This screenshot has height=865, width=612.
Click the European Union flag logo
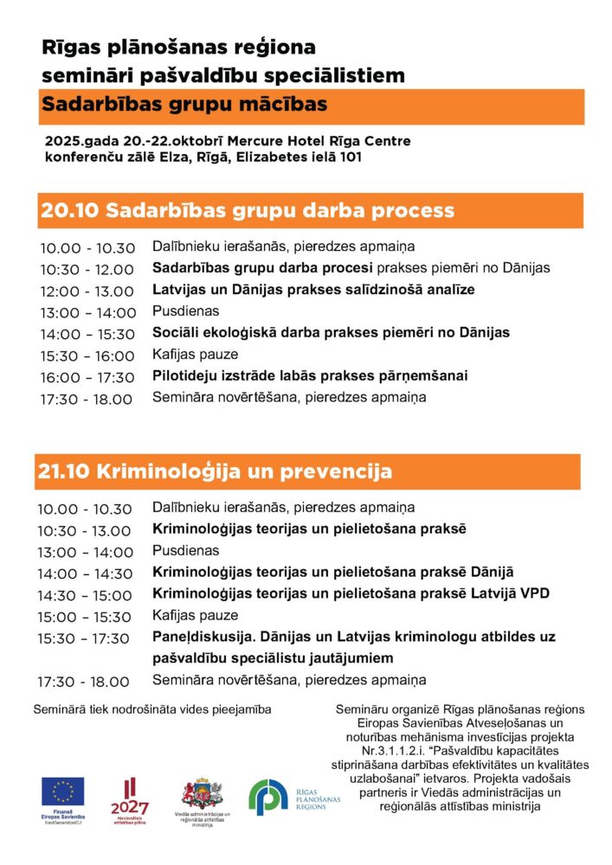pos(63,791)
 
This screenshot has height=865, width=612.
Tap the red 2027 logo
pos(130,798)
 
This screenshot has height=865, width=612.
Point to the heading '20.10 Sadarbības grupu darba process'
pos(246,210)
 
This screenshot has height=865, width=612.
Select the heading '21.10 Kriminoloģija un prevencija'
pos(215,471)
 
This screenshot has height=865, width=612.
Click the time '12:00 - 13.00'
pos(87,292)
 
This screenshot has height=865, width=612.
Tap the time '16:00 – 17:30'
pos(87,378)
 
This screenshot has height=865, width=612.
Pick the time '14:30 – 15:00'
pos(87,595)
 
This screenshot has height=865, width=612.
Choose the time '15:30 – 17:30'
pos(87,638)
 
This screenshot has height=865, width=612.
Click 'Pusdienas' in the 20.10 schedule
pos(186,311)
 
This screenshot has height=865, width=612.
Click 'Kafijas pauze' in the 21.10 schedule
pos(195,616)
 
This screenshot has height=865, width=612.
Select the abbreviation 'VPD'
pos(534,594)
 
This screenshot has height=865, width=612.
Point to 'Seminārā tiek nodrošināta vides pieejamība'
pos(152,709)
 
